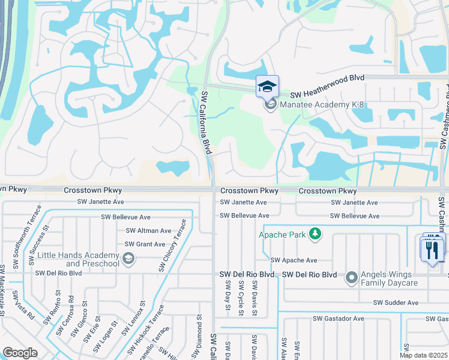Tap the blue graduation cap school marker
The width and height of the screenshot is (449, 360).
point(267,87)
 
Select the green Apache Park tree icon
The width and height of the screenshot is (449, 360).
point(315,234)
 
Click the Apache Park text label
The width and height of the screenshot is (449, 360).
point(282,234)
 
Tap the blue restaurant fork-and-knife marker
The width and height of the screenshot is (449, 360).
point(433,248)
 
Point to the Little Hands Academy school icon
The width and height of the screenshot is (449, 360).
point(127,259)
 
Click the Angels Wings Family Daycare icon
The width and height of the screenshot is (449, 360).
point(352,278)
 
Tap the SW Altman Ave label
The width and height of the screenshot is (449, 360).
point(148,230)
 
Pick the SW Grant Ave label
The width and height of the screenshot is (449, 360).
point(145,244)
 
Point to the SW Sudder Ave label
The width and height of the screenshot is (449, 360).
point(396,303)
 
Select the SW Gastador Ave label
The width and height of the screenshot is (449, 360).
point(338,319)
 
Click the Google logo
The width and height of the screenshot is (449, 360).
point(20,353)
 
